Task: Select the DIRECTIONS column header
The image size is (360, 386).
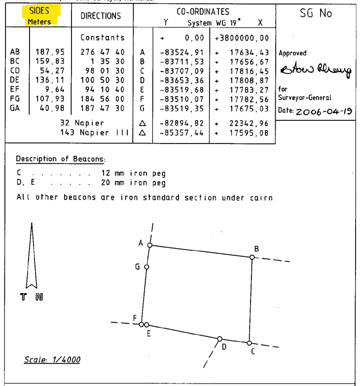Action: [x=101, y=16]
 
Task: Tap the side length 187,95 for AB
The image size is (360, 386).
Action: [x=50, y=52]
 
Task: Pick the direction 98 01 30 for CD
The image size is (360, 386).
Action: [x=103, y=70]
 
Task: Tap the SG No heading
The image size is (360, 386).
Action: [x=316, y=14]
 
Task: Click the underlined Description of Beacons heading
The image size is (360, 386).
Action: [x=61, y=159]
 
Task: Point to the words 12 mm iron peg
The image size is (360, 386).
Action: [x=133, y=174]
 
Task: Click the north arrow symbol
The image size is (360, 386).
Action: [x=32, y=256]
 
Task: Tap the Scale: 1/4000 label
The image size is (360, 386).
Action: [x=52, y=360]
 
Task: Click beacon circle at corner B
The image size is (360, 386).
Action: [x=252, y=257]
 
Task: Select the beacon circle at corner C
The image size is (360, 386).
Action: [x=250, y=343]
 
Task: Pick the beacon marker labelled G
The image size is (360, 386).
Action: [x=146, y=267]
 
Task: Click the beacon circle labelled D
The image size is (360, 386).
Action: [x=219, y=339]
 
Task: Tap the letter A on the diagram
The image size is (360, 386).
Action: [x=141, y=243]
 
